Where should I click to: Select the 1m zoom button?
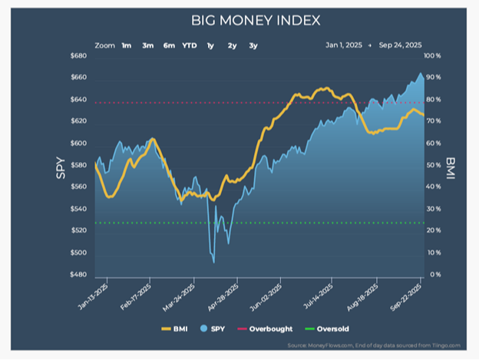[126, 45]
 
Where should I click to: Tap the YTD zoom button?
[189, 45]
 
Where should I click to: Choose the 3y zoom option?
[253, 45]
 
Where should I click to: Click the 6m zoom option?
[168, 45]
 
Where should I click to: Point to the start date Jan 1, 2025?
[344, 45]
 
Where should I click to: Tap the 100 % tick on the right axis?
[433, 57]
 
